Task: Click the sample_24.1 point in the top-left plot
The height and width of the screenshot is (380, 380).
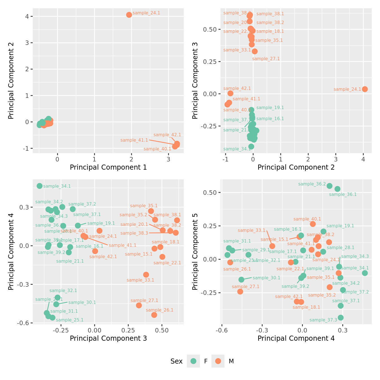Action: click(129, 15)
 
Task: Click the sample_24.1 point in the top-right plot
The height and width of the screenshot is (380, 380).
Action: click(365, 89)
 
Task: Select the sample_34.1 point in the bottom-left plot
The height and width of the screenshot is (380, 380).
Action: click(40, 186)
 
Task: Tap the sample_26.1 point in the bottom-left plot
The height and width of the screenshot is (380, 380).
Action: click(154, 315)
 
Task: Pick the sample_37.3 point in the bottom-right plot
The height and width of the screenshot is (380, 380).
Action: click(341, 318)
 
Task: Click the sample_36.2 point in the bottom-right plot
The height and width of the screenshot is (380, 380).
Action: click(329, 186)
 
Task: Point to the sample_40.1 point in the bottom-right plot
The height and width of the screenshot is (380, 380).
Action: click(313, 224)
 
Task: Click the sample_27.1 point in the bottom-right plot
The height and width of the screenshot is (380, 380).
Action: click(240, 292)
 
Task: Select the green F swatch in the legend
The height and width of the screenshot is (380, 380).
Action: click(193, 361)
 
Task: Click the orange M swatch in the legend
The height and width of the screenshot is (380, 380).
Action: click(218, 361)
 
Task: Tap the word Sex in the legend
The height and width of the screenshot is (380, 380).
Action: click(176, 361)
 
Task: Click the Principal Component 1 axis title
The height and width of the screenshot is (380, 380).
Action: click(108, 167)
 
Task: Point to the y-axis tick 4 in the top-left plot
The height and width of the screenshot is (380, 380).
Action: click(27, 16)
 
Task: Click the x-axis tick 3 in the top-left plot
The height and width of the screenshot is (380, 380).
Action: click(169, 159)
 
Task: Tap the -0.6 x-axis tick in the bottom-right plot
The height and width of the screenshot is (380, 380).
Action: click(222, 330)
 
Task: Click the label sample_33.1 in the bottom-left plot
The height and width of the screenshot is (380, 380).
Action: click(140, 280)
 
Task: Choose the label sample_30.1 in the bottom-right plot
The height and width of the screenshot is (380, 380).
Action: click(266, 278)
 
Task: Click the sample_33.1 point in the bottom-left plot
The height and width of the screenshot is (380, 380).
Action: click(146, 275)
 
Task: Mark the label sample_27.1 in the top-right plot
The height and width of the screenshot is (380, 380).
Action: click(266, 59)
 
